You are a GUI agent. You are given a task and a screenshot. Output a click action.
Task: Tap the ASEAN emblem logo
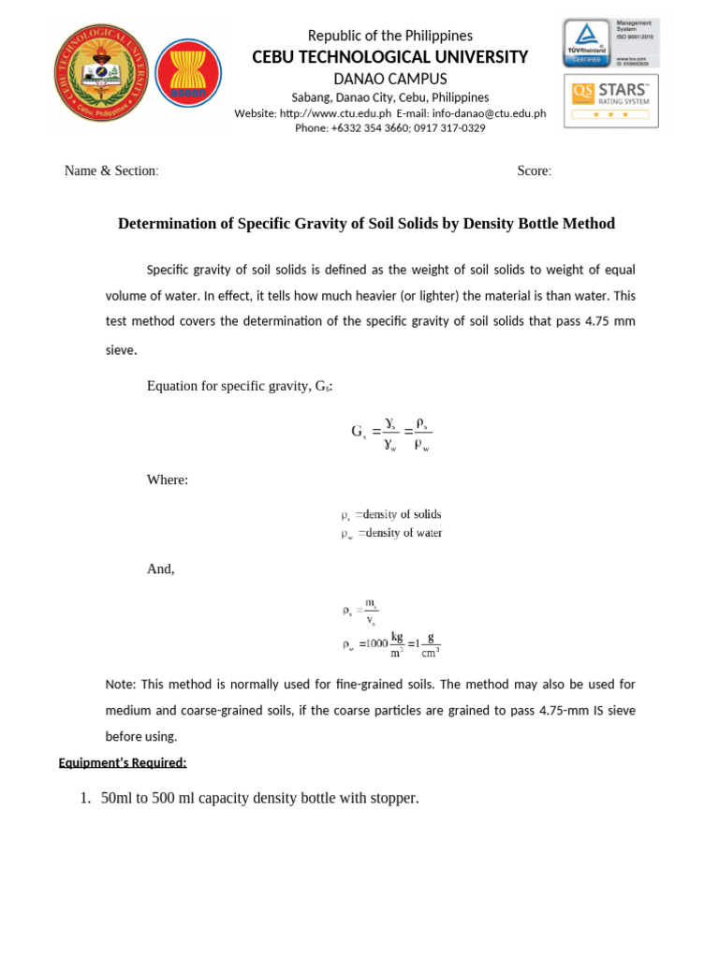point(188,81)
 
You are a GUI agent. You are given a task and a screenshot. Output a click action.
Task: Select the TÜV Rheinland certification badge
point(609,43)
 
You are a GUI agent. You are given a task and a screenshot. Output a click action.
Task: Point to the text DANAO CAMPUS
point(390,79)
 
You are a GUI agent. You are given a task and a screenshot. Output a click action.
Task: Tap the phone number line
point(390,128)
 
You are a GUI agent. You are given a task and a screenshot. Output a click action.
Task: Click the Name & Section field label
point(110,170)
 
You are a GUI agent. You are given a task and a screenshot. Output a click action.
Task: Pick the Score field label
point(534,170)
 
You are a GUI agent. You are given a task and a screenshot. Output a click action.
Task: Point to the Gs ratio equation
point(391,432)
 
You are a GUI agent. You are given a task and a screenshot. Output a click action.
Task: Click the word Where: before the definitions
point(168,479)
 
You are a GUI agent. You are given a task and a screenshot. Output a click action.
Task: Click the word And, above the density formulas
point(160,568)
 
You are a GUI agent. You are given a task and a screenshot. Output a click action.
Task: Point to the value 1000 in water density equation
point(375,643)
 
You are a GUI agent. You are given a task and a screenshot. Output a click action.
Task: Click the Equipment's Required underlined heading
point(123,762)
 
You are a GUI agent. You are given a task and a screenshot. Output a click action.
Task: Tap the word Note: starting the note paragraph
point(121,685)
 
